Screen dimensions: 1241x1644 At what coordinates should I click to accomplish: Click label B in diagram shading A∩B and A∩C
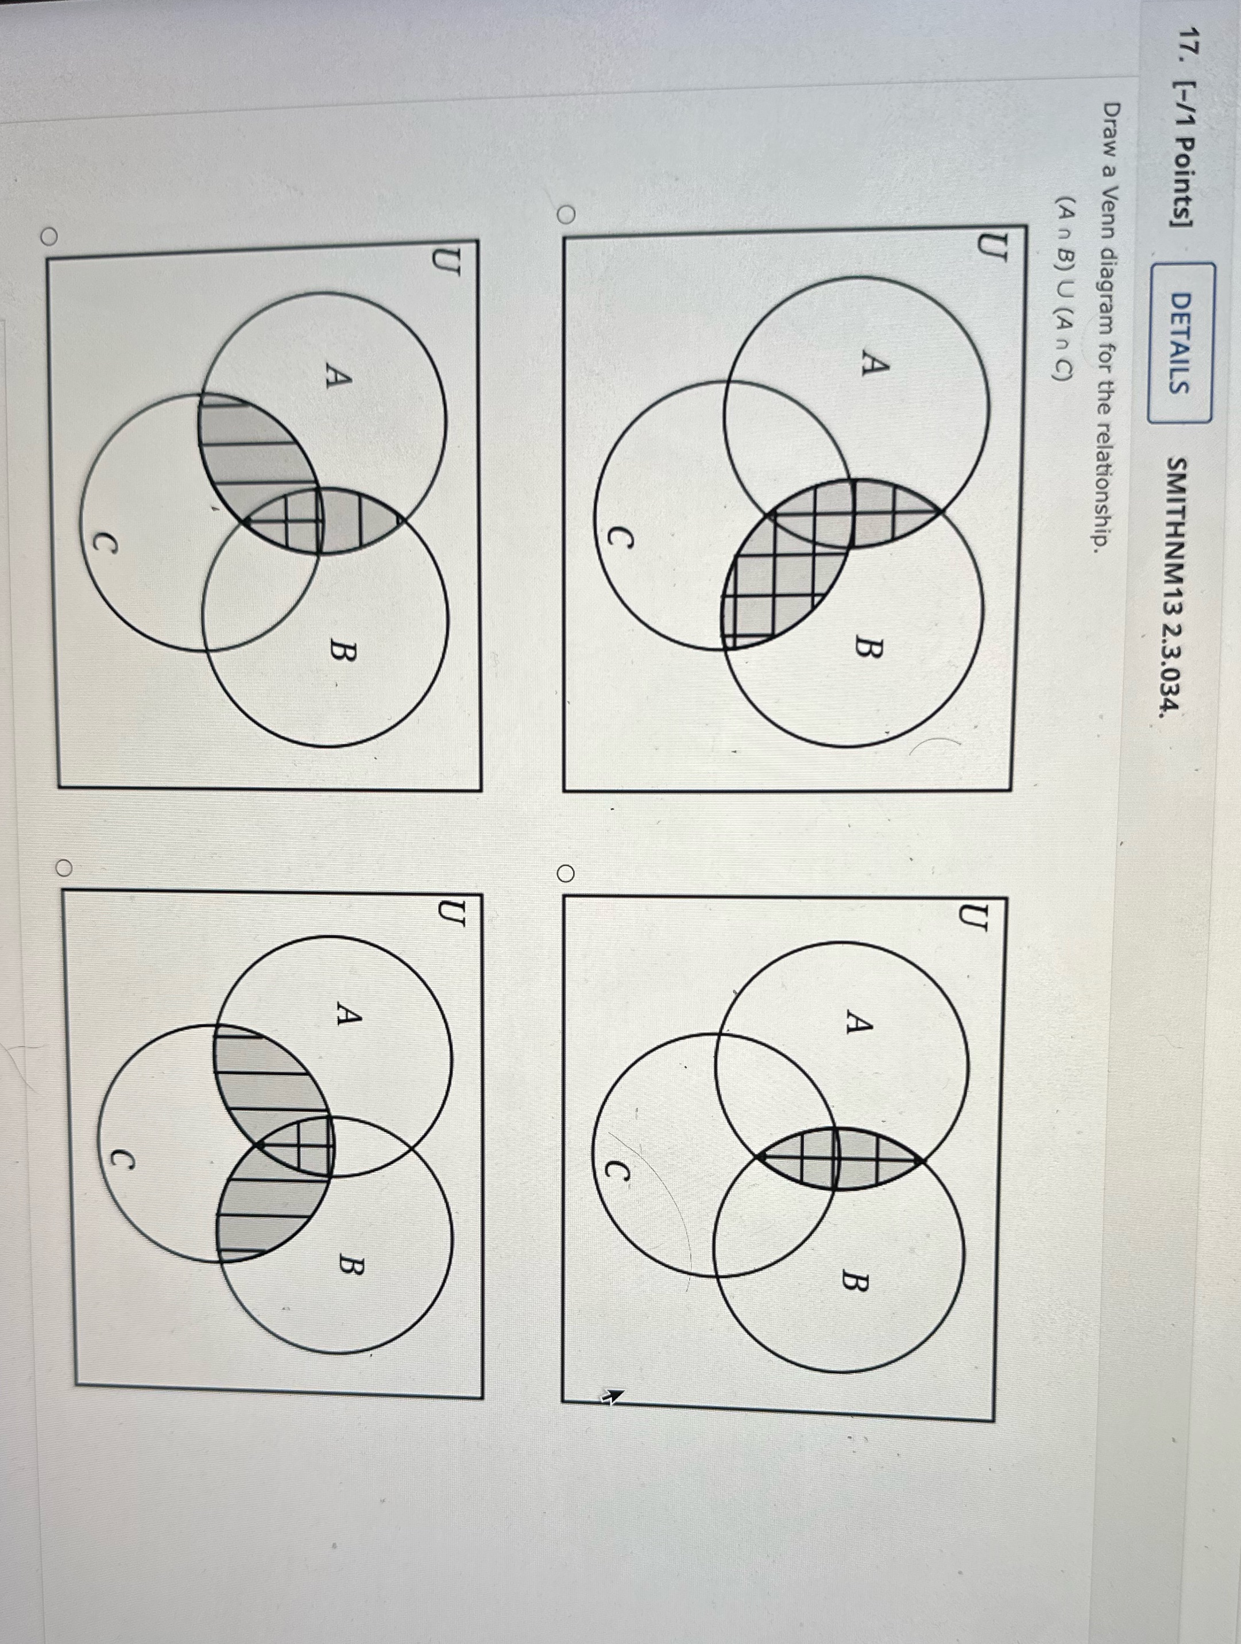coord(344,653)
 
